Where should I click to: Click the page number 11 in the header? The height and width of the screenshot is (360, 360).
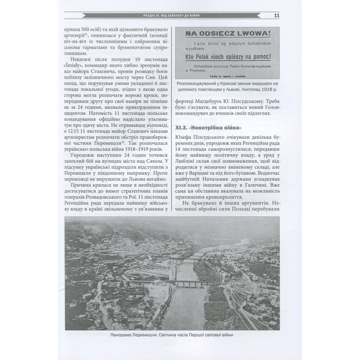click(x=277, y=15)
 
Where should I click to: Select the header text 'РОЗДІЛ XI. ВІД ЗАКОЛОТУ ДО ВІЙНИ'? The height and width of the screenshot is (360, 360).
click(x=172, y=15)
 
